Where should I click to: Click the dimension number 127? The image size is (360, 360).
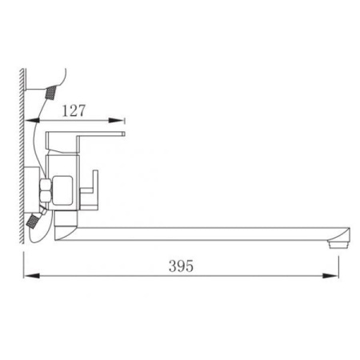(x=74, y=110)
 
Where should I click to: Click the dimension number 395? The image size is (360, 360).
(x=181, y=266)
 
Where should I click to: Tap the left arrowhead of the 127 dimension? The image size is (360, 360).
(x=32, y=121)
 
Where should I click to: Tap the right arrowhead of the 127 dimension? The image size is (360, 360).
(x=116, y=121)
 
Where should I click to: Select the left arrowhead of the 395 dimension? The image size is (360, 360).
(x=32, y=275)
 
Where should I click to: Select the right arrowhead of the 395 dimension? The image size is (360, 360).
(x=330, y=275)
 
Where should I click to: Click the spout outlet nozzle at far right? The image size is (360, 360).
(x=338, y=244)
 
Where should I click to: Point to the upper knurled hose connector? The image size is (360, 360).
(x=52, y=93)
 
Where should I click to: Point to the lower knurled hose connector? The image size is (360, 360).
(x=33, y=222)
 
